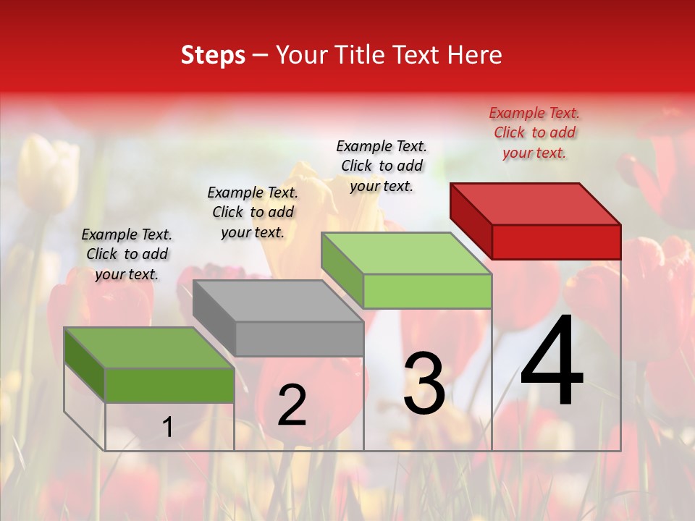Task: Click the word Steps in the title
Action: click(x=213, y=55)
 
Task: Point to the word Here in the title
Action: click(x=475, y=55)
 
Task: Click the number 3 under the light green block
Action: click(x=424, y=384)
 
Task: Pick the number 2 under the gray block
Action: click(x=292, y=405)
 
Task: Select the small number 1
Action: click(x=167, y=428)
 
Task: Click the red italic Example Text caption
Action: click(x=534, y=132)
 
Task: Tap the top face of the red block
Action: click(x=536, y=203)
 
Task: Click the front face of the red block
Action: click(x=556, y=242)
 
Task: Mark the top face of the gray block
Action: click(x=278, y=300)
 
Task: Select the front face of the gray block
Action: click(x=299, y=339)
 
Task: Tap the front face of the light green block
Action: click(x=427, y=291)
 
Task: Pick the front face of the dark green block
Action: click(x=169, y=385)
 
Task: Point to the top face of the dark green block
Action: click(x=149, y=347)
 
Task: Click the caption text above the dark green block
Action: click(x=127, y=254)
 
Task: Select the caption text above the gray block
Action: click(x=253, y=212)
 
